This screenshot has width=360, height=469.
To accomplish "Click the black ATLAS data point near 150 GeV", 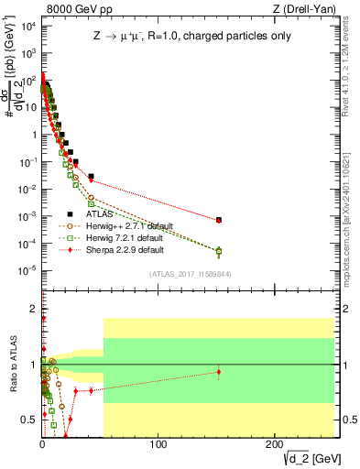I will [218, 220].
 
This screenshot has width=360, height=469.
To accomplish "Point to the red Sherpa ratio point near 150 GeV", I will [218, 372].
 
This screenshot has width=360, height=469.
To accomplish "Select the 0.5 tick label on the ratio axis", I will [29, 418].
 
